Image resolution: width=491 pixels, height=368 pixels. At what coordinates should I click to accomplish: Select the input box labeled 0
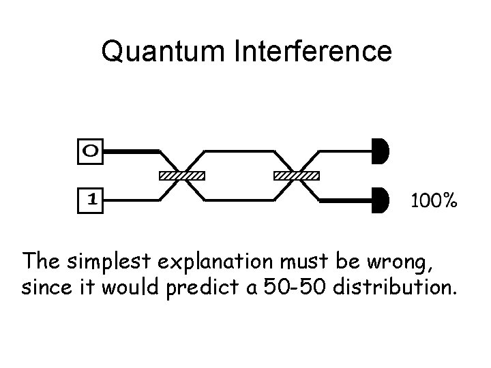click(91, 151)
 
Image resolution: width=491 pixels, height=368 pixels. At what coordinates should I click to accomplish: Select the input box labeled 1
click(91, 200)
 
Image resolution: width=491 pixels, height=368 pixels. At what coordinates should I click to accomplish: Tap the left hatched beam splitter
click(181, 176)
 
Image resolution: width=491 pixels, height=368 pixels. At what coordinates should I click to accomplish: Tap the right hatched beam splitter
click(296, 176)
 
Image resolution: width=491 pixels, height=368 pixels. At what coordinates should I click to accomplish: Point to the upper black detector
click(381, 151)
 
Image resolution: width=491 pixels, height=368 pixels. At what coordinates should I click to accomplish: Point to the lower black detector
click(381, 201)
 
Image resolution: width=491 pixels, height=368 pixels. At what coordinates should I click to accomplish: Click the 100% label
click(432, 201)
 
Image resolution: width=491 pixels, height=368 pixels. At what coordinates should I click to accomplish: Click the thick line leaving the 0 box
click(130, 150)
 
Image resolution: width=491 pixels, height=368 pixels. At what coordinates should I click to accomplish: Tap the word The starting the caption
click(42, 261)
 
